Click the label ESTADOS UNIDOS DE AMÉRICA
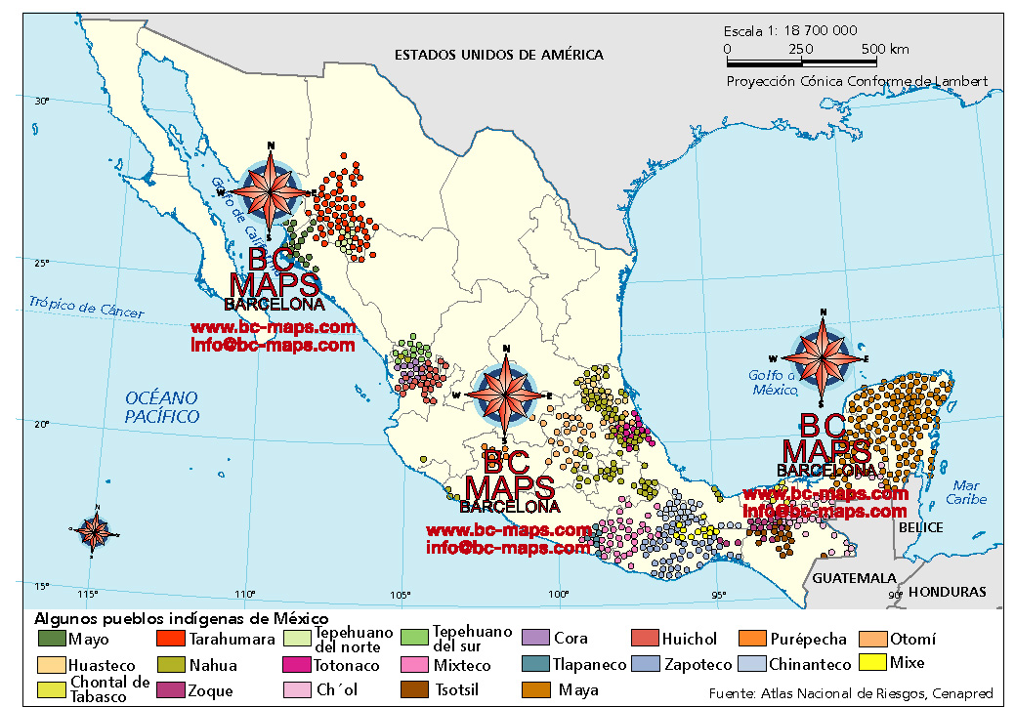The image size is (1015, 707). click(x=498, y=55)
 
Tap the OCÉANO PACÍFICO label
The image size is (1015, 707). click(x=162, y=407)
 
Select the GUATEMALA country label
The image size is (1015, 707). click(x=848, y=577)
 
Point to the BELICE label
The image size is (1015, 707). click(x=921, y=527)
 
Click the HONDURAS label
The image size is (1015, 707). click(x=947, y=592)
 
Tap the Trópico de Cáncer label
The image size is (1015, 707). click(x=86, y=308)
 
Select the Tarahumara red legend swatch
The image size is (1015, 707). click(x=171, y=640)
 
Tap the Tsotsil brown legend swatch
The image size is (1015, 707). click(x=414, y=690)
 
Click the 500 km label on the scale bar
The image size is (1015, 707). click(x=885, y=49)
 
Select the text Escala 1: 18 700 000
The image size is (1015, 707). click(x=790, y=31)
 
